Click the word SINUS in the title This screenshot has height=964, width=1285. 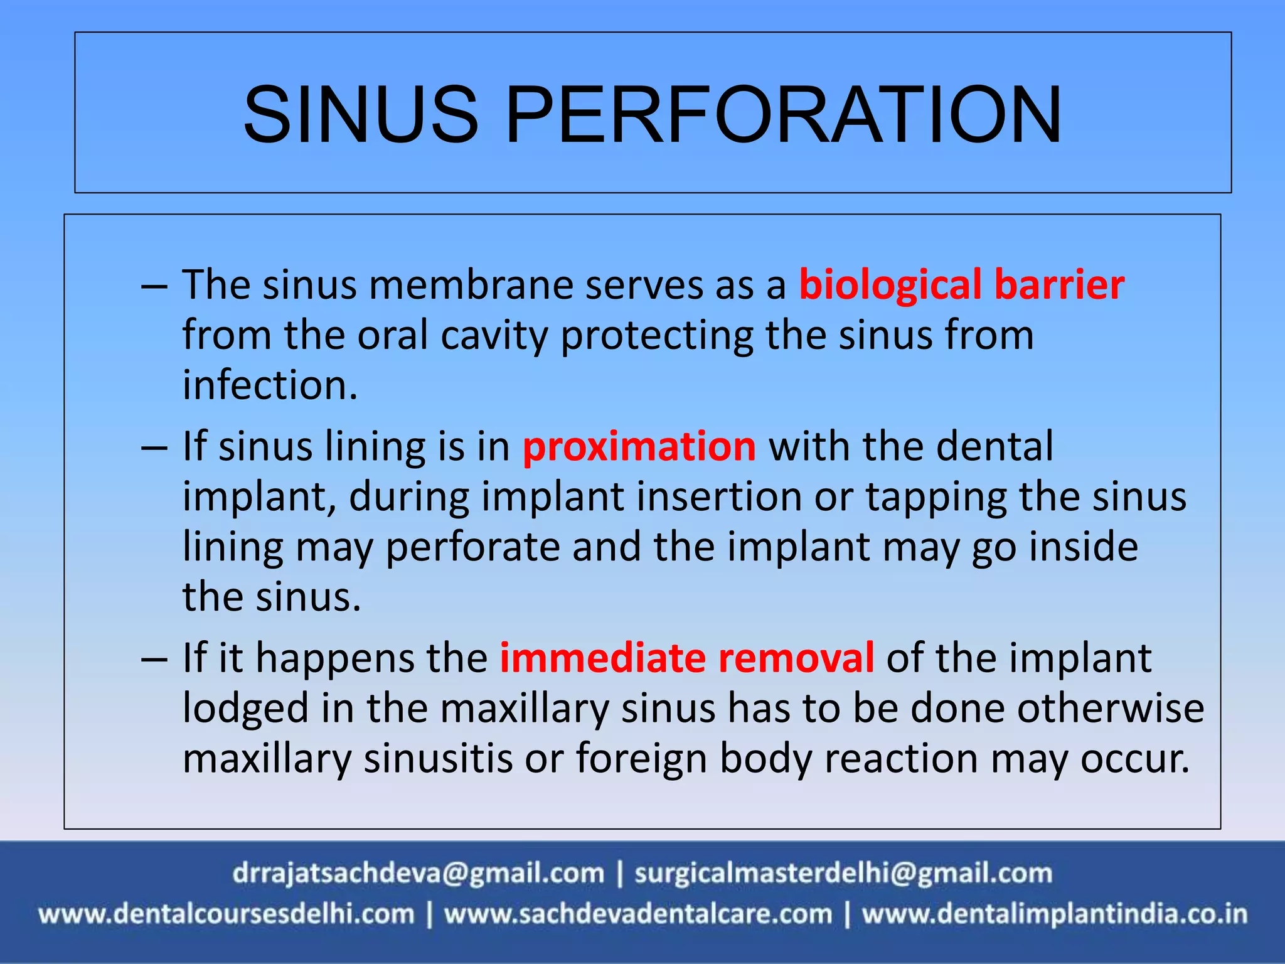tap(361, 115)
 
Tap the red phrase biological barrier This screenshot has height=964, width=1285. tap(961, 285)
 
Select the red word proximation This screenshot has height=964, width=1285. tap(639, 447)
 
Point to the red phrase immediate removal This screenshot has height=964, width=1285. tap(686, 658)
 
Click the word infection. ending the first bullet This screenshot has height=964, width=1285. tap(270, 385)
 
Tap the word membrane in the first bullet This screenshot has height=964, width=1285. tap(470, 285)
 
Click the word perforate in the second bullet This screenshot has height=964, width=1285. tap(472, 547)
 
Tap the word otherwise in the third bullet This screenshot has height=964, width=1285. tap(1111, 709)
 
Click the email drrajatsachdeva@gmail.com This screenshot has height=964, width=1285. tap(418, 874)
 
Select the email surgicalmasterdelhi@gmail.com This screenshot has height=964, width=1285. tap(843, 874)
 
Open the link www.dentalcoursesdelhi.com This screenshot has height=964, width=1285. tap(227, 914)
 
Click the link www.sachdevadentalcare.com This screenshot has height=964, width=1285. tap(638, 914)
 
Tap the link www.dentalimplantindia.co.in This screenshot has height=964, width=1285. tap(1054, 914)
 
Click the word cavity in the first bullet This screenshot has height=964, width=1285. tap(494, 335)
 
